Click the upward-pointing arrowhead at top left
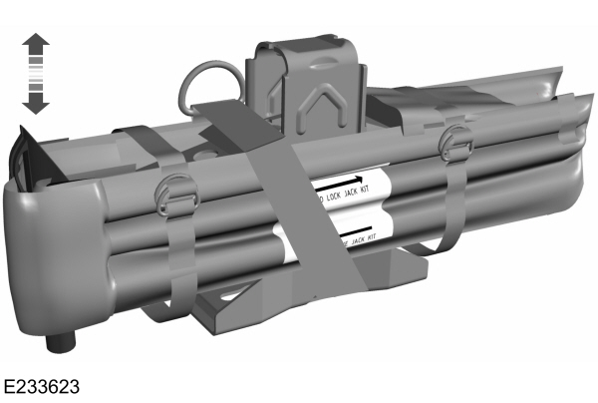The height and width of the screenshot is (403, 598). pyautogui.click(x=36, y=43)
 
